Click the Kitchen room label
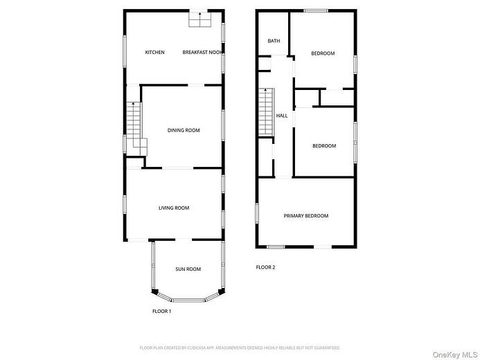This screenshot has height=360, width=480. (x=154, y=53)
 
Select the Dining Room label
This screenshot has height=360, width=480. (x=184, y=130)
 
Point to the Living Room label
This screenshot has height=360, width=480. (x=174, y=208)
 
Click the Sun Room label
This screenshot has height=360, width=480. (x=188, y=269)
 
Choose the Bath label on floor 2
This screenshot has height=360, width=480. (x=274, y=42)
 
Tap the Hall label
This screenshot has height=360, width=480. (x=282, y=116)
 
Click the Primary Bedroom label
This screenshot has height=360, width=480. (x=306, y=216)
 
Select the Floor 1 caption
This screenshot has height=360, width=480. (x=161, y=312)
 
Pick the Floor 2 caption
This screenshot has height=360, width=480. (x=265, y=267)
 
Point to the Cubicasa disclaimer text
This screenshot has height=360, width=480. (x=240, y=348)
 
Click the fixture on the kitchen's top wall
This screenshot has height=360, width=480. (x=201, y=20)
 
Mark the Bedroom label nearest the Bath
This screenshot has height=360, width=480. (x=323, y=53)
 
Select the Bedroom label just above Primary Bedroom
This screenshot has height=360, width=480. (x=324, y=146)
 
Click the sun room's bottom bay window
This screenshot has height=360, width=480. (x=187, y=300)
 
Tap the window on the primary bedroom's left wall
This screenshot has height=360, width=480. (x=258, y=213)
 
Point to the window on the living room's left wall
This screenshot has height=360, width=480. (x=125, y=206)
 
